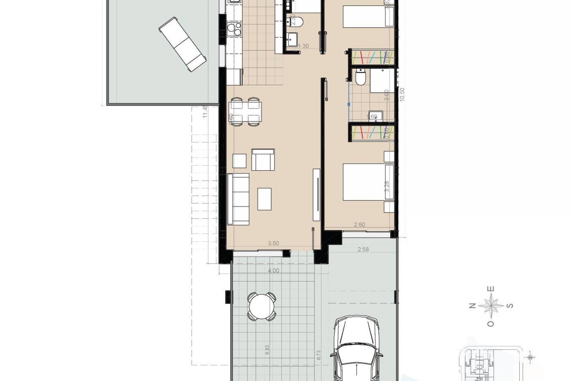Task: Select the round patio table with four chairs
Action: (262, 307)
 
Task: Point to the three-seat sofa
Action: (238, 199)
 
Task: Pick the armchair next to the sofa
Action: (263, 160)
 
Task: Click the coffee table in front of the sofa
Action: (265, 199)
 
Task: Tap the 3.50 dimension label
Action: (273, 243)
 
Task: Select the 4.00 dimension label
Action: (273, 271)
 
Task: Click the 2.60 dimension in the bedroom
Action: (359, 225)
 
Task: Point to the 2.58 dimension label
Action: (363, 249)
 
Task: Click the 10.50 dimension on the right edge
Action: (402, 95)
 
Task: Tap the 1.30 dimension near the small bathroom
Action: (303, 46)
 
